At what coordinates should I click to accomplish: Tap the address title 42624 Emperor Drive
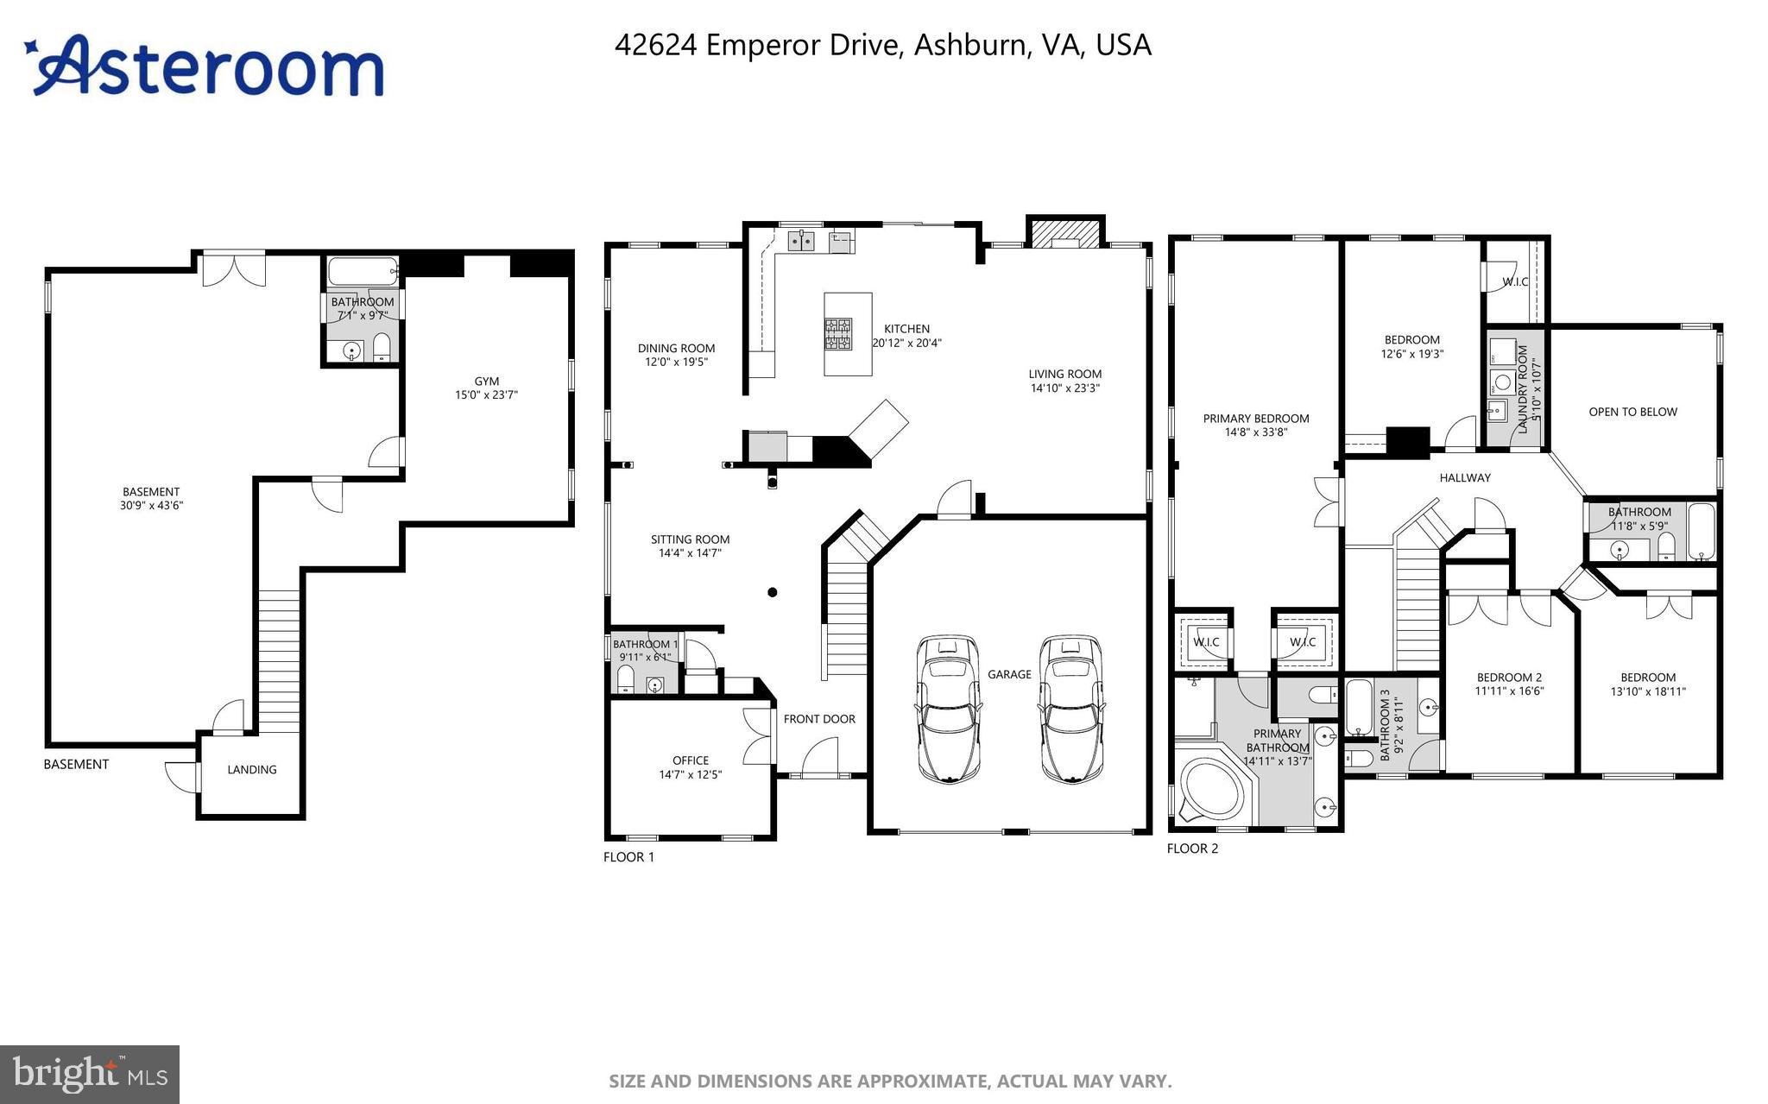882,45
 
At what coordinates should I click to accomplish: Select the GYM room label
486,381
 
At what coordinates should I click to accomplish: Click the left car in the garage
949,710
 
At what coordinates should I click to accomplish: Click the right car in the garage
1070,710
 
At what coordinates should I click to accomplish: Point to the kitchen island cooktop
837,332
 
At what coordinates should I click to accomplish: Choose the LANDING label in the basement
252,769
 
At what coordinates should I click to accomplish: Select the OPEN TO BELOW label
1632,412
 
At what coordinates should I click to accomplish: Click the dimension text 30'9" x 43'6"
151,506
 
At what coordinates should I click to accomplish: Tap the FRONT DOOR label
819,718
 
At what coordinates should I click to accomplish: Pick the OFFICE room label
690,760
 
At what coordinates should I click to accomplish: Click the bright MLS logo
90,1074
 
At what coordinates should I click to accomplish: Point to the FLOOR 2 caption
1192,849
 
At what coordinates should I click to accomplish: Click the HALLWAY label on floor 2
1464,477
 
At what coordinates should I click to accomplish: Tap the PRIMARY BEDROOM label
1255,419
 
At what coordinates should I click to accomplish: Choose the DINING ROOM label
676,348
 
